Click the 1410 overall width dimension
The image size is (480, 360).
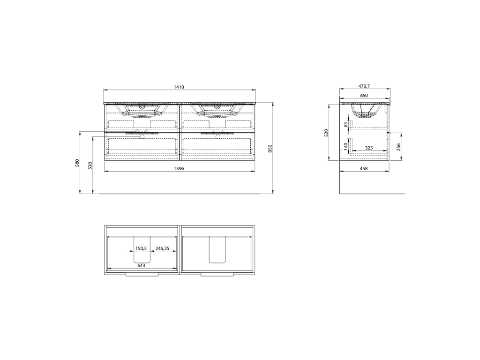[179, 87]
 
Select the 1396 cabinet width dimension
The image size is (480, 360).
[179, 168]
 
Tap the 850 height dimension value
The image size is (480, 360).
[270, 149]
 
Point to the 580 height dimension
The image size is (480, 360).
[77, 163]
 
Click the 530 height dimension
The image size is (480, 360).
[90, 165]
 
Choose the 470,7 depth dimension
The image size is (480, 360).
[364, 86]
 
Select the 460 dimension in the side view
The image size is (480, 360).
[364, 96]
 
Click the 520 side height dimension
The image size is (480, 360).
[326, 133]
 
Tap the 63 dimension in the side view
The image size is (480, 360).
[346, 125]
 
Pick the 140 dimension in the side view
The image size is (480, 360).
[346, 146]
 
